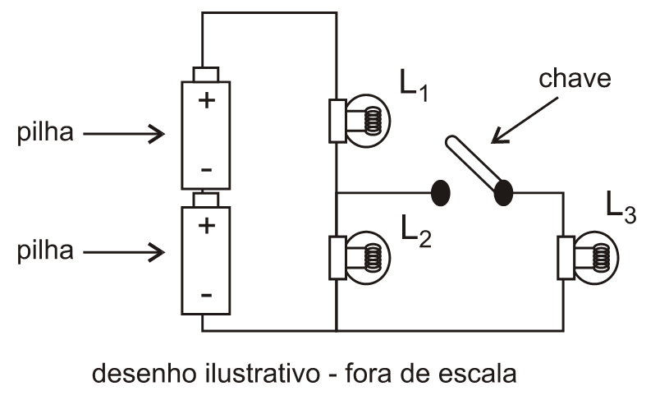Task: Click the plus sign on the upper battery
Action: (x=205, y=102)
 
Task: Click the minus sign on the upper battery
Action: (x=205, y=170)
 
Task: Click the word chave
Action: (x=575, y=79)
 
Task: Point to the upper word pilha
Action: (x=45, y=134)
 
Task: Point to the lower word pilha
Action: (x=45, y=251)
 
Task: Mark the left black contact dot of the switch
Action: (x=441, y=192)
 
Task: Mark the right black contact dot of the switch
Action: (x=503, y=193)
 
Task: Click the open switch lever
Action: (x=474, y=164)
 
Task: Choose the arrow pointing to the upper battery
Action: (x=123, y=134)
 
